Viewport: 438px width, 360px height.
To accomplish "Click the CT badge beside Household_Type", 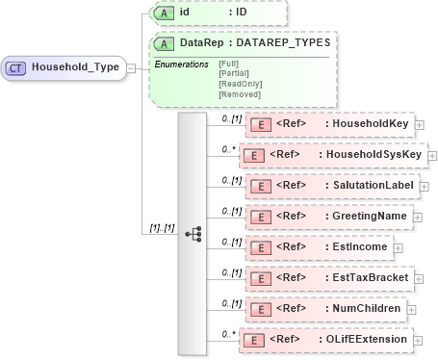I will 17,67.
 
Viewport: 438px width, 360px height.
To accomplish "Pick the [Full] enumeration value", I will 229,64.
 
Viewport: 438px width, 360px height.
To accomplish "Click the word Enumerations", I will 182,64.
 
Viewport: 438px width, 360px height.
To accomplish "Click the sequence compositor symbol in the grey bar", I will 193,233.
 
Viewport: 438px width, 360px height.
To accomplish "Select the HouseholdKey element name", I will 369,123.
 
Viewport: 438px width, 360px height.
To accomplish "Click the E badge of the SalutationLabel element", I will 257,185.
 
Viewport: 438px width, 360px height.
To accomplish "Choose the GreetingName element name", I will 368,217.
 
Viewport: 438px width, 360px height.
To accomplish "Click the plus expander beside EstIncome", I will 398,248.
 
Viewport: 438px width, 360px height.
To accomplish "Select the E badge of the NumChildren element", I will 257,309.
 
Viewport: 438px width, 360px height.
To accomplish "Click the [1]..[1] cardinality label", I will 161,227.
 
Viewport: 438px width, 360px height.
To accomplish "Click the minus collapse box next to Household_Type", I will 131,68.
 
